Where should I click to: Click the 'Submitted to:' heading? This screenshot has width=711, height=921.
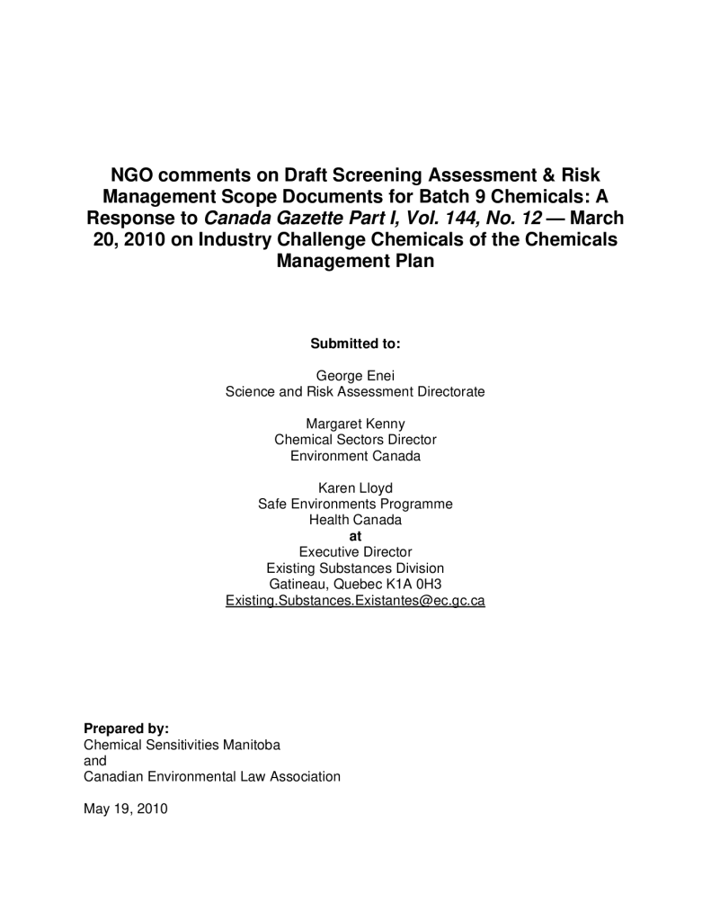(355, 344)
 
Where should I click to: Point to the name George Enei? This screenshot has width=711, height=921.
(355, 376)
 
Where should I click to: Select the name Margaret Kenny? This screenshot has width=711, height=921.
(355, 424)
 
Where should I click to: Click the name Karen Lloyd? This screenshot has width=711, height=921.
(355, 488)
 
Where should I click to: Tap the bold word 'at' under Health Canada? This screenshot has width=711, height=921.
(355, 537)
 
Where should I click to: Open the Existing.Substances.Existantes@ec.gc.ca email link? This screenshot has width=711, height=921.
(355, 600)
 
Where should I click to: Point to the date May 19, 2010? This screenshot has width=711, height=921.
(125, 808)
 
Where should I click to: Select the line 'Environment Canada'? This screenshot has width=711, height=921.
(355, 456)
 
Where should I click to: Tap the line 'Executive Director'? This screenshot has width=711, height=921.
(355, 551)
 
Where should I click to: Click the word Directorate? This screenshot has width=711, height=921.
(448, 392)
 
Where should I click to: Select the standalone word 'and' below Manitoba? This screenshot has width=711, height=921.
(94, 760)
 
